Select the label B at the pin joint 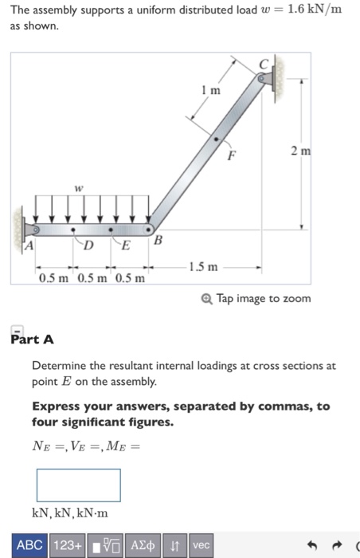(x=157, y=240)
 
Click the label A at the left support (x=25, y=246)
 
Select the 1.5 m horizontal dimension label (x=202, y=266)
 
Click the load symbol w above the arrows (x=78, y=189)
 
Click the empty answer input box (x=78, y=485)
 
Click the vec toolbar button (x=202, y=545)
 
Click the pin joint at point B (x=148, y=230)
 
